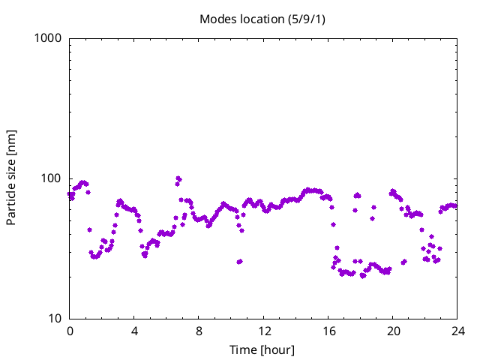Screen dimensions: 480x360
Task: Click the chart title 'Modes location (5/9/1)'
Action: (x=262, y=19)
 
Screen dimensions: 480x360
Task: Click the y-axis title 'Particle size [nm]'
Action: (x=11, y=178)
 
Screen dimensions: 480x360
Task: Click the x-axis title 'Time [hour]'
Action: (x=262, y=350)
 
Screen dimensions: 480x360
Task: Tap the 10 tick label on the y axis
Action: (x=55, y=319)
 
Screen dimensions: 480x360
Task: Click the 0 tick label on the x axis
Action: (x=70, y=331)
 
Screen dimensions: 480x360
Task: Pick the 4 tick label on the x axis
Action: (x=134, y=331)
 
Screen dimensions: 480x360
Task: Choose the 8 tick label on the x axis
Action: (x=199, y=331)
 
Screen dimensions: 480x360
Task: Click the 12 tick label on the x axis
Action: (x=264, y=331)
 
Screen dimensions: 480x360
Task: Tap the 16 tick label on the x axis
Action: (x=328, y=331)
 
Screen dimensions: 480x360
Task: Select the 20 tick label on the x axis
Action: (x=393, y=331)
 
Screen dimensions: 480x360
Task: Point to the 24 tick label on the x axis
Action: (x=458, y=331)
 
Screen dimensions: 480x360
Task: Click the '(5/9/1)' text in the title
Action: (x=307, y=19)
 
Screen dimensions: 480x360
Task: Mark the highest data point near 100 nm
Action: (x=178, y=178)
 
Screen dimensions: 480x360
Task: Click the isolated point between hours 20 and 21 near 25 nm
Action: (x=403, y=262)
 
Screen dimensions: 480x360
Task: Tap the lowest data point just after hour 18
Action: (x=363, y=276)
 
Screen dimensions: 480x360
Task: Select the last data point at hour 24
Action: (x=455, y=206)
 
